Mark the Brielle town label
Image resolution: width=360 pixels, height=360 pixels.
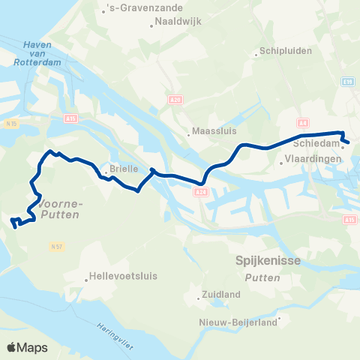pos(123,169)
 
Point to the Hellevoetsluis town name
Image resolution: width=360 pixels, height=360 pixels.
pos(123,275)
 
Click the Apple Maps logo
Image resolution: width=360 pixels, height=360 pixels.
pos(27,347)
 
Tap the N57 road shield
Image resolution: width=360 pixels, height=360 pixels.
pos(56,245)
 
